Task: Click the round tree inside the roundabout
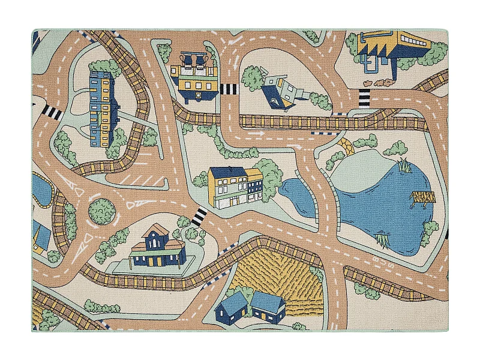[x=101, y=209]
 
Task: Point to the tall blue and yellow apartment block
[x=101, y=109]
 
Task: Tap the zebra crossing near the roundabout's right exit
[x=197, y=216]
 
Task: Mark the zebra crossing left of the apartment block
[x=53, y=112]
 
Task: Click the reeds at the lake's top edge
[x=403, y=164]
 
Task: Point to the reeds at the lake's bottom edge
[x=382, y=241]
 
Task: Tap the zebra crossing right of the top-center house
[x=229, y=90]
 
